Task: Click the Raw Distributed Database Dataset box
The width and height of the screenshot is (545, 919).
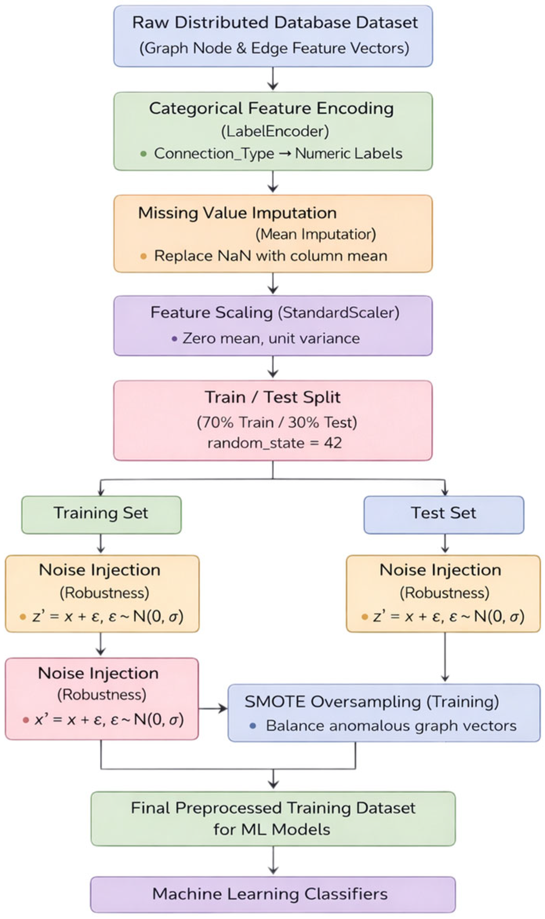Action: [x=273, y=36]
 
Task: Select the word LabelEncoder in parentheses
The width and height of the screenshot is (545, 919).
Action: [x=275, y=131]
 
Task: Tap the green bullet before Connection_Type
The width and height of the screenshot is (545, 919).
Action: [x=144, y=154]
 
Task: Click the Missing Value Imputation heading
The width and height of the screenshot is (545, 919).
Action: [x=237, y=213]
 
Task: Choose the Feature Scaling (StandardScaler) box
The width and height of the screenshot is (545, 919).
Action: [x=273, y=326]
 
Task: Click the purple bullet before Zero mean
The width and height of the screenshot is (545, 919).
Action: [x=174, y=339]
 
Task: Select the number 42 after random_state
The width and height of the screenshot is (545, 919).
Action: [x=333, y=443]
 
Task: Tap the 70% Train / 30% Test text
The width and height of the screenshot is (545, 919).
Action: [x=277, y=423]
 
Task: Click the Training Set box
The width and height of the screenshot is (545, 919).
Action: [x=101, y=514]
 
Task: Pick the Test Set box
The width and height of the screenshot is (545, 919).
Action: [x=443, y=514]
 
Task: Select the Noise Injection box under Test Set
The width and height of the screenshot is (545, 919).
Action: [x=443, y=593]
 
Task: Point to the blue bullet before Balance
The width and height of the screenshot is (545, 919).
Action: [x=253, y=726]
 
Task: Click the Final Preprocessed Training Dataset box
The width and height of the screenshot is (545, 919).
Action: [x=273, y=819]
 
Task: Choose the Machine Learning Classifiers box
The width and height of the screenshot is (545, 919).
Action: [x=273, y=894]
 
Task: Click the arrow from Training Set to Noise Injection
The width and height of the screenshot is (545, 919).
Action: [x=101, y=544]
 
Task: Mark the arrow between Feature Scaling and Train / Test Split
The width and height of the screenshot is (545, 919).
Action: [x=273, y=368]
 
